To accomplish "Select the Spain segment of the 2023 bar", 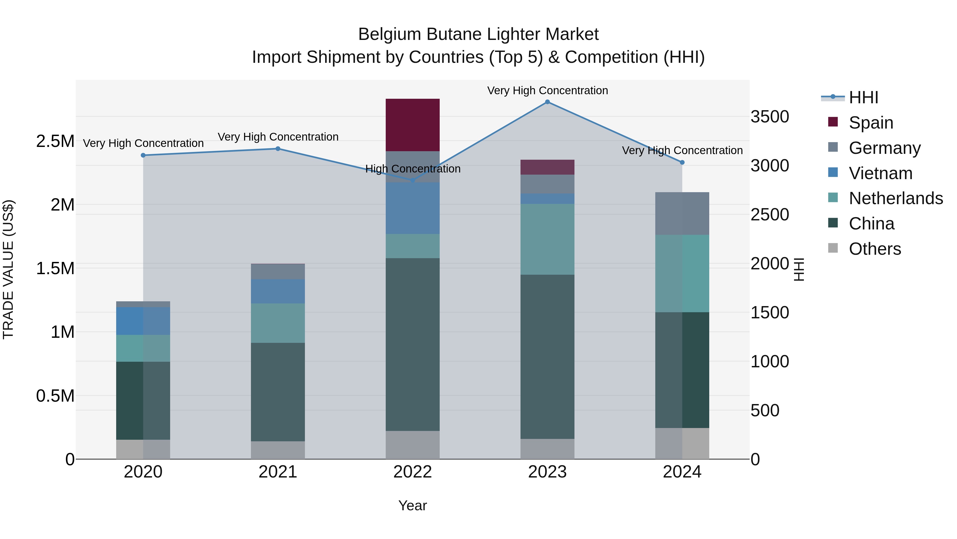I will pos(547,167).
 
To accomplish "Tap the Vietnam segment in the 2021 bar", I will pos(278,291).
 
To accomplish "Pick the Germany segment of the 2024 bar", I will pos(682,213).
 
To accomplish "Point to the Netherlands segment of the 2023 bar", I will pos(547,239).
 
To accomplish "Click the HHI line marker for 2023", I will pos(547,102).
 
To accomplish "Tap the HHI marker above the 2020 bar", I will pos(143,155).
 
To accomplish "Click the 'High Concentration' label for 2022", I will pos(413,168).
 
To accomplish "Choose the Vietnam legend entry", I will pos(880,173).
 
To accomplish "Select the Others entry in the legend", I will pos(875,249).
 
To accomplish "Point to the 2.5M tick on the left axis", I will pos(55,141).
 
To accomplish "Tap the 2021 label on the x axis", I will pos(278,472).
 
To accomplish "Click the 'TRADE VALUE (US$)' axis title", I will pos(8,269).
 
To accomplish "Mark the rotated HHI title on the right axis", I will pos(799,269).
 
